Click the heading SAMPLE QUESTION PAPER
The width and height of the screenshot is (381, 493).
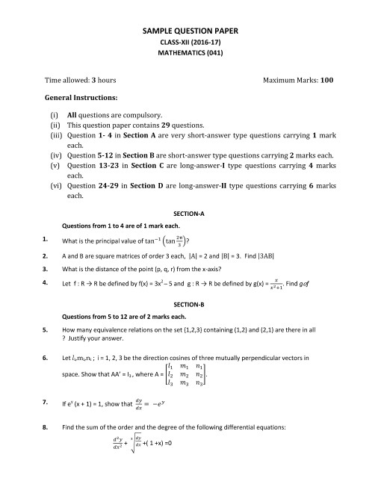[190, 31]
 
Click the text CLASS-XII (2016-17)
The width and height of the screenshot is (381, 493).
[190, 43]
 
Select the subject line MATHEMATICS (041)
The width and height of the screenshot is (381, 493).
[190, 55]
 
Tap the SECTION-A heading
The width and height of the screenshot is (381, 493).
[190, 213]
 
